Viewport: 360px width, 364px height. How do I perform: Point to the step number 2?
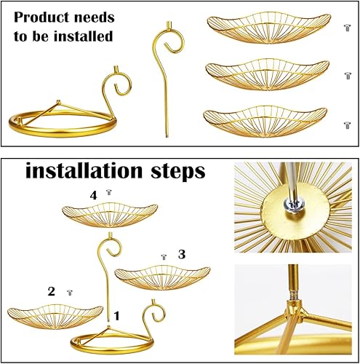point(52,291)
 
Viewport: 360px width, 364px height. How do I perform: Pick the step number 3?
point(182,255)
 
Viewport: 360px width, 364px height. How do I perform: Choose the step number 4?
point(93,194)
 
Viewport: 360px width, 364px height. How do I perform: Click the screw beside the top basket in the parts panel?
point(347,27)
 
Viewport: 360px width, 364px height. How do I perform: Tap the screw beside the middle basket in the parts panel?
point(347,75)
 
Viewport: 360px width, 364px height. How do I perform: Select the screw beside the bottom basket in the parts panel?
point(347,124)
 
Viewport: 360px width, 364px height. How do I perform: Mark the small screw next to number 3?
point(164,257)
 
